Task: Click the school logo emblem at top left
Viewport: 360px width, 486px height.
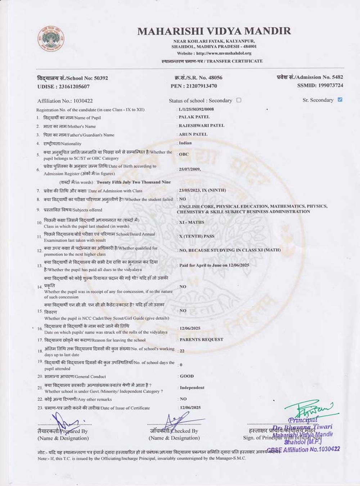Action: [51, 39]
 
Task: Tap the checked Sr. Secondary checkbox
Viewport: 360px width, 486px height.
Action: [340, 100]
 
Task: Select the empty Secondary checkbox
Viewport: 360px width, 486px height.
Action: [239, 100]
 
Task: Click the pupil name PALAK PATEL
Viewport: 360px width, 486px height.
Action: [194, 117]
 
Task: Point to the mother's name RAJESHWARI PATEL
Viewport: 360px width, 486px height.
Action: [201, 126]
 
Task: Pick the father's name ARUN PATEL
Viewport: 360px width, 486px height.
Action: [193, 134]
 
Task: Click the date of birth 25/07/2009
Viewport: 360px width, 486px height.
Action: [190, 169]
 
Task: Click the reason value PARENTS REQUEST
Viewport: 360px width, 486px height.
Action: [201, 339]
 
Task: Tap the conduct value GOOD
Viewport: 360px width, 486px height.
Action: [186, 376]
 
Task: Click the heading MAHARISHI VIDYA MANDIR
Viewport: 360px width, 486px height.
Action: [214, 31]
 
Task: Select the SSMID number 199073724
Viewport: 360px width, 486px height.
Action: [320, 86]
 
